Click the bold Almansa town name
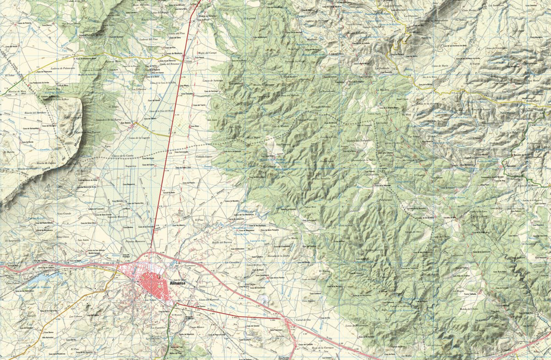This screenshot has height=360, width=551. point(178,284)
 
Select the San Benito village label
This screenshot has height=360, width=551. point(126,124)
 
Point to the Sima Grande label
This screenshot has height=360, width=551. point(63,214)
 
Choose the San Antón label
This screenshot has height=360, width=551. point(83,240)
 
